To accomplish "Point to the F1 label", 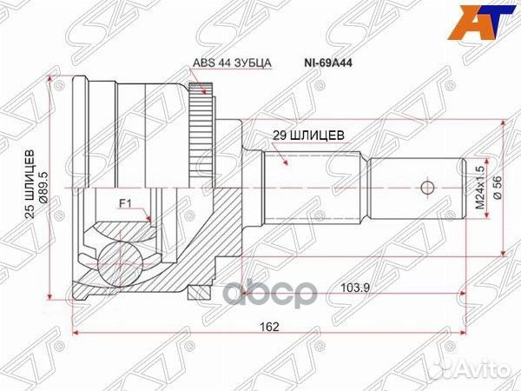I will tap(124, 205).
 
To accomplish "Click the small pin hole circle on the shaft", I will tap(426, 188).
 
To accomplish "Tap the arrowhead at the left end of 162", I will tap(76, 335).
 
